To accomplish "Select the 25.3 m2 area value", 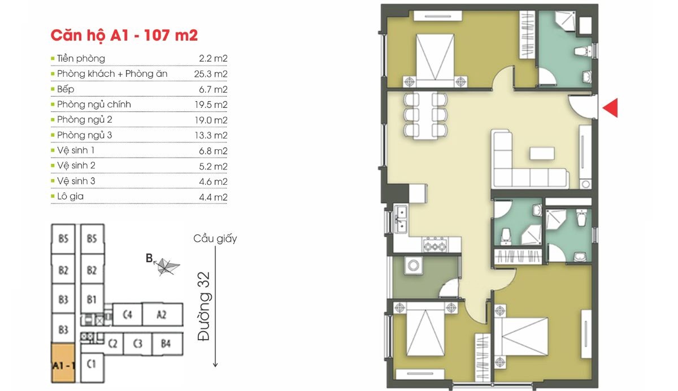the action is click(211, 74).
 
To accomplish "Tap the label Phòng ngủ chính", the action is click(94, 105).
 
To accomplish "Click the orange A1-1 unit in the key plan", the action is click(63, 363).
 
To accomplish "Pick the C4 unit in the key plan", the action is click(128, 315).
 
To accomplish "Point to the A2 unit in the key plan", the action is click(163, 315).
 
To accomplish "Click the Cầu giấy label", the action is click(215, 239).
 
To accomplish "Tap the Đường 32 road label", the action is click(203, 307).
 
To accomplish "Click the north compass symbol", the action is click(166, 266).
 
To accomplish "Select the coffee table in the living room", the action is click(542, 153).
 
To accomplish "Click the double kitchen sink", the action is click(401, 219).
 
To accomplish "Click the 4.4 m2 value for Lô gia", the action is click(213, 197).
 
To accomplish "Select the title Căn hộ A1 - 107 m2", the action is click(124, 35).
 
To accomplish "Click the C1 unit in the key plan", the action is click(92, 367).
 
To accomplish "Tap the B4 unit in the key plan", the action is click(167, 344).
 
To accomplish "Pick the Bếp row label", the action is click(66, 89).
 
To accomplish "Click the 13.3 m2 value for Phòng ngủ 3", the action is click(211, 135).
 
